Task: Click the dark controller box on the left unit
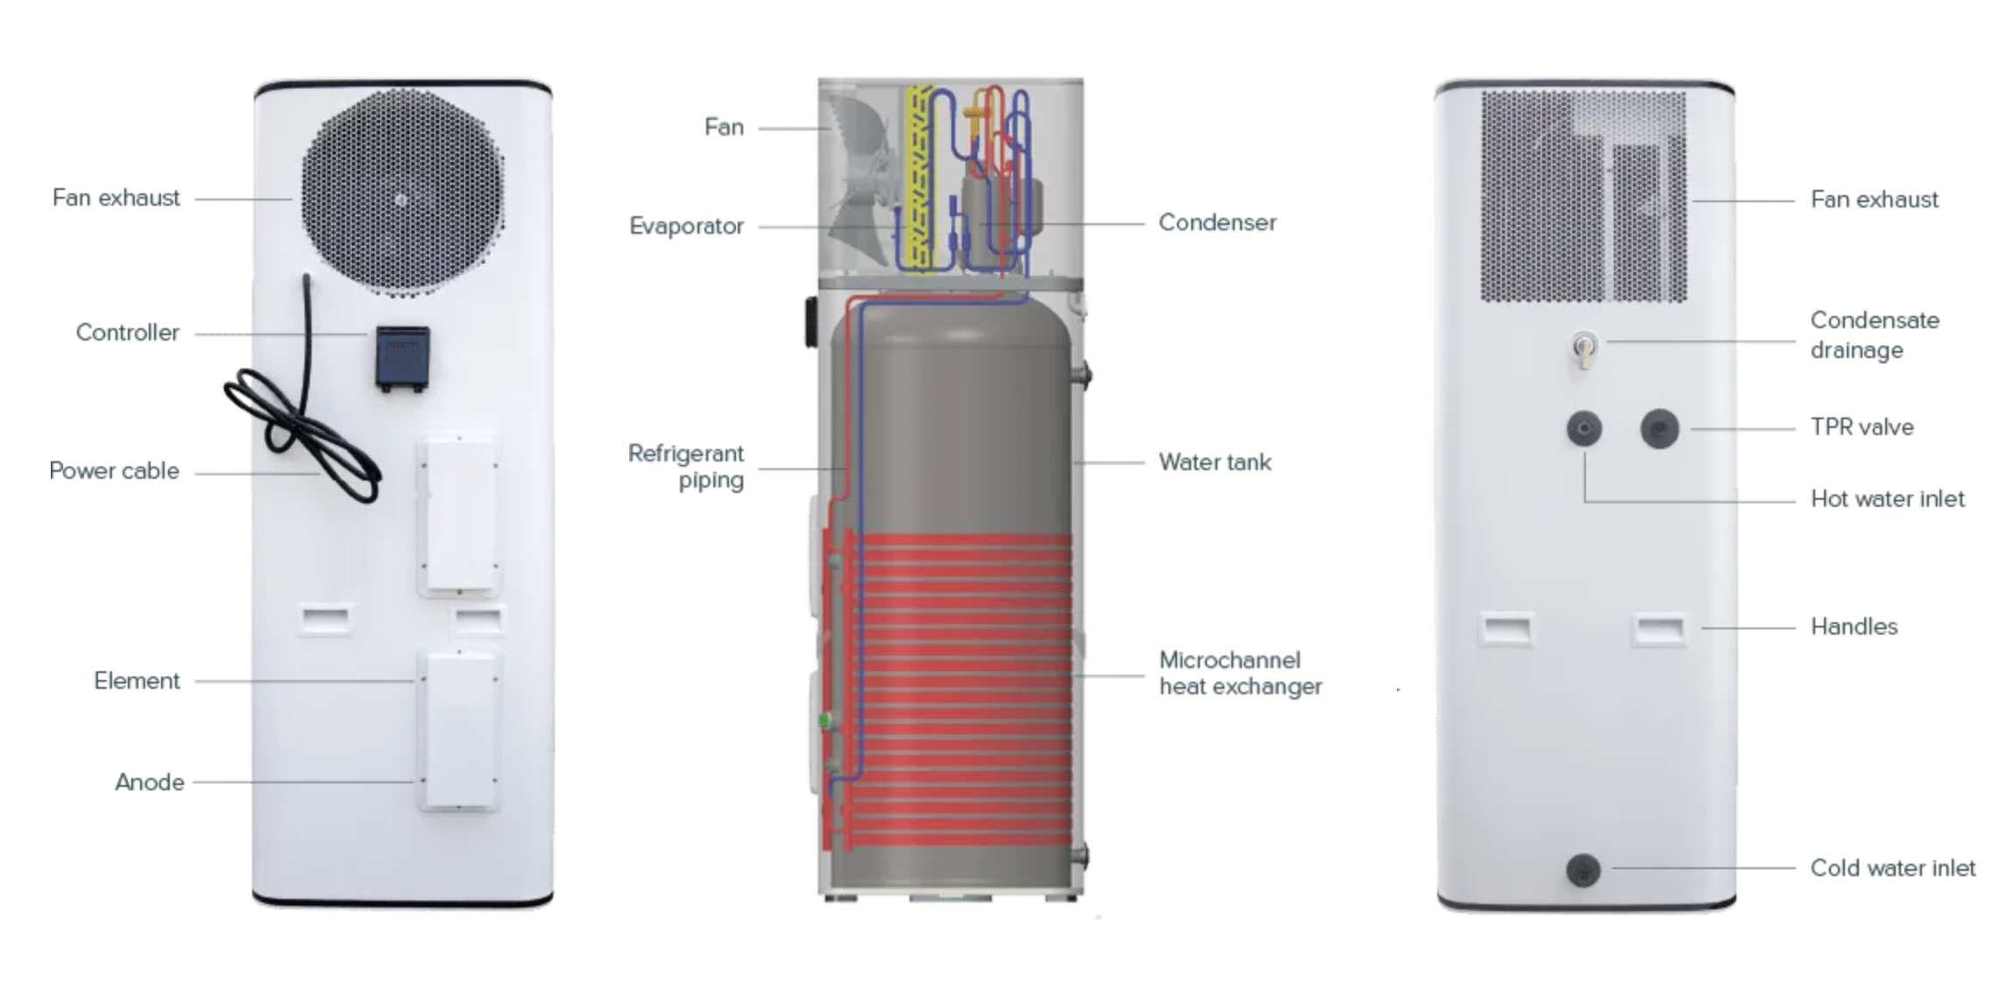(403, 357)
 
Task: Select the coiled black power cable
(302, 411)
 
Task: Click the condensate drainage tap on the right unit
(1583, 350)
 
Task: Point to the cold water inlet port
(1583, 870)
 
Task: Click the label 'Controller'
(128, 333)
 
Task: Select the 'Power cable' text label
(114, 471)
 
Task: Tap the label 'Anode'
(150, 782)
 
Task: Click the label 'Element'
(137, 681)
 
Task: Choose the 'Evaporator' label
(686, 227)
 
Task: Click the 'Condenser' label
(1217, 222)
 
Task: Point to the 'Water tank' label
(1215, 462)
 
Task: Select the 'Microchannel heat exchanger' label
(1240, 673)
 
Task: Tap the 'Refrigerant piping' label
(686, 466)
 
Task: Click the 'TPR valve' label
(1862, 427)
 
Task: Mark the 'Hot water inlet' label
(1887, 499)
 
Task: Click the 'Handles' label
(1854, 627)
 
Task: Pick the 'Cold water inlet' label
(1892, 868)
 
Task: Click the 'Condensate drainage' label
(1875, 335)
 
